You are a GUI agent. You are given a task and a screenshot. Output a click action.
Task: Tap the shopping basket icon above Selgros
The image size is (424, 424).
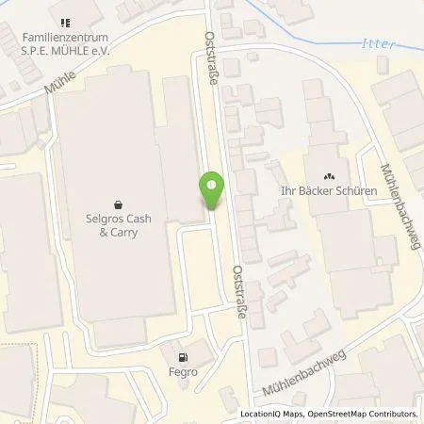pos(118,202)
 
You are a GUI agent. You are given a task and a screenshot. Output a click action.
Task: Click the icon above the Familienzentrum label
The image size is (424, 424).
pos(65,23)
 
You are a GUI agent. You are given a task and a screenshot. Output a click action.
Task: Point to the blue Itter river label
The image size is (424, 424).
pos(375,43)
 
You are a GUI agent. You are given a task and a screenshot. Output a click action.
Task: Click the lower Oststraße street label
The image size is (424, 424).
pos(238,293)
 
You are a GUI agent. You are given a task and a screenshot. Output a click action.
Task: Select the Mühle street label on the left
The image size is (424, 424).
pos(57,89)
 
